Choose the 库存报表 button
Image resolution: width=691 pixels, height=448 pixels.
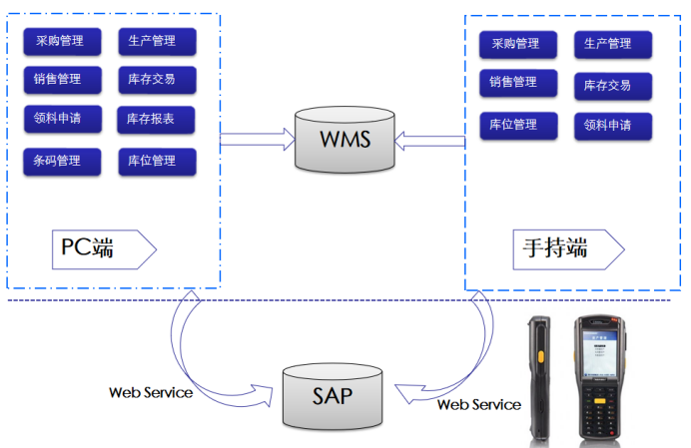click(x=156, y=121)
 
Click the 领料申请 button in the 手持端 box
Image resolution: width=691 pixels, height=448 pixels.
click(x=612, y=126)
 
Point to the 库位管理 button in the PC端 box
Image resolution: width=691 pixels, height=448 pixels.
click(x=156, y=161)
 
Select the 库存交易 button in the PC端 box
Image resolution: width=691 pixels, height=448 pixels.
click(x=156, y=80)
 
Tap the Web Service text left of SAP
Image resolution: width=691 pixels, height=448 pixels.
click(x=151, y=392)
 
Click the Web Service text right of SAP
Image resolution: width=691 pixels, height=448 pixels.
click(x=479, y=404)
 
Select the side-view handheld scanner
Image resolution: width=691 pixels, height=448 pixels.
click(x=539, y=379)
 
